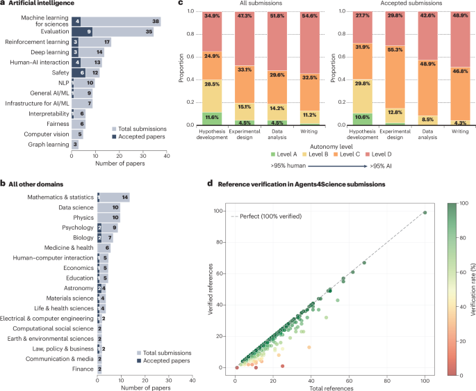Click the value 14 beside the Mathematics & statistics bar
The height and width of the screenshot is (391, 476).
125,198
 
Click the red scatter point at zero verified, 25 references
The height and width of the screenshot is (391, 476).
283,366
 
